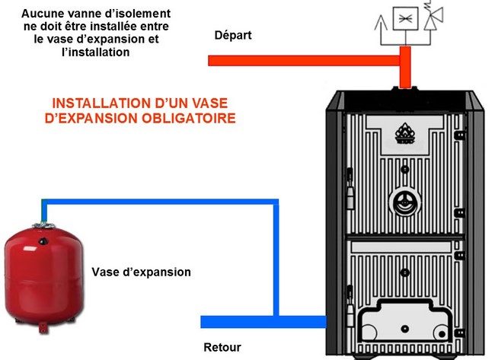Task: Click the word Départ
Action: click(x=233, y=35)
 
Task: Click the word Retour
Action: click(x=222, y=348)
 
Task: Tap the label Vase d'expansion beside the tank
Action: click(x=141, y=272)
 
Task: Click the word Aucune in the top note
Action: click(x=43, y=14)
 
